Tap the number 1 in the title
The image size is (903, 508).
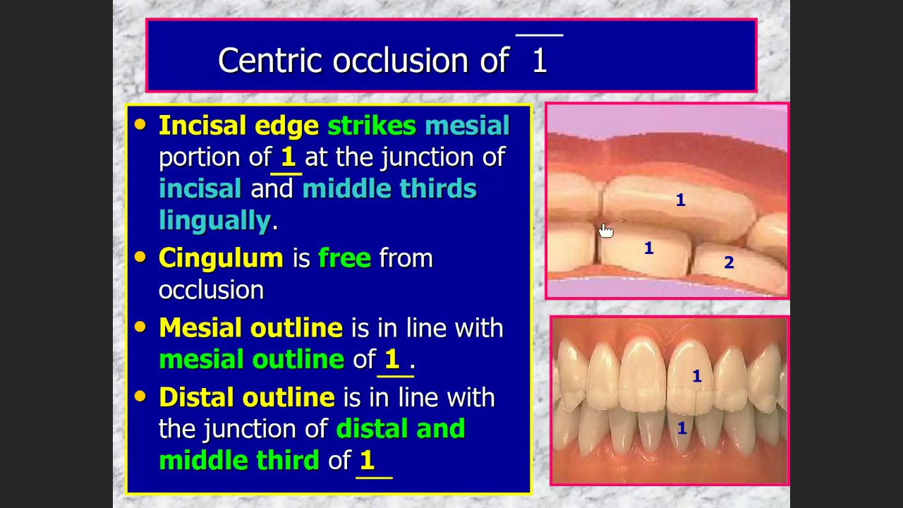[x=540, y=61]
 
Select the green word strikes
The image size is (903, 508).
[x=372, y=126]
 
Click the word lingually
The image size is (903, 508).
[x=214, y=221]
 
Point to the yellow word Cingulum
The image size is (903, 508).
[x=221, y=258]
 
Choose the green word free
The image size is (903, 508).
[x=344, y=258]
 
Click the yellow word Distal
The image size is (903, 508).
[x=193, y=397]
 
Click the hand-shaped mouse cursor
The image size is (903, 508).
[x=606, y=231]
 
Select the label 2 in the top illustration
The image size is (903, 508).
[x=729, y=263]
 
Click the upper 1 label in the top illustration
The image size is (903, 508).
[x=681, y=201]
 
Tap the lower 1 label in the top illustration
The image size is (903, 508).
[x=648, y=248]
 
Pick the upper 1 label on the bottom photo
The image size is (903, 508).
[x=696, y=377]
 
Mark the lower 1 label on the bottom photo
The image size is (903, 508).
[x=681, y=428]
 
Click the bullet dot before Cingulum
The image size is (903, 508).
[x=140, y=257]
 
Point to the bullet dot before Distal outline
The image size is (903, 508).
[x=140, y=397]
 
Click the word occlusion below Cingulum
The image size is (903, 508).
[x=211, y=290]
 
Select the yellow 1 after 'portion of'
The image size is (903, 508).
[x=288, y=157]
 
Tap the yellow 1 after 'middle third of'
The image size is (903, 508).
[x=367, y=461]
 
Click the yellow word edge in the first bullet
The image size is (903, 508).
[x=286, y=126]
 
